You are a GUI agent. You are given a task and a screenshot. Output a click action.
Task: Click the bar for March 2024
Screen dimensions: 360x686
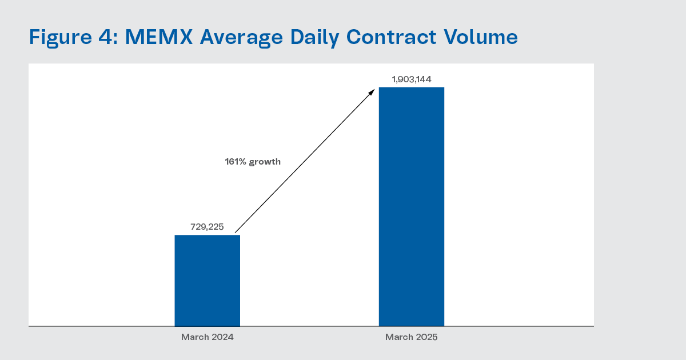point(207,280)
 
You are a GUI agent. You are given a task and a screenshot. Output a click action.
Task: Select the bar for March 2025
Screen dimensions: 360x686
point(412,206)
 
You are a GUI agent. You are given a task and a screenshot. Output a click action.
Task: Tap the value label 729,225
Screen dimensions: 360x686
point(207,227)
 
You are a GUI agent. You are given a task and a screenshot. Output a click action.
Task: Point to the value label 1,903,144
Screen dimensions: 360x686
point(412,79)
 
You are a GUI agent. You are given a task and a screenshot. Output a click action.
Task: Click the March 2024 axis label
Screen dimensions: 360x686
point(208,337)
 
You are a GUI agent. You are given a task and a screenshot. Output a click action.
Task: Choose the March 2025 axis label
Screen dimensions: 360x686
point(412,337)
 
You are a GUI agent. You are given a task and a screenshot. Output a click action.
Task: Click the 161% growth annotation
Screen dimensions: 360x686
point(253,162)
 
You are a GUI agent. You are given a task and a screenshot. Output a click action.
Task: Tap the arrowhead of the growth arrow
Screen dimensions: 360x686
point(372,91)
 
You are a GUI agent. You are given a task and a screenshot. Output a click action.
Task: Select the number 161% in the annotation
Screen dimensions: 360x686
point(235,162)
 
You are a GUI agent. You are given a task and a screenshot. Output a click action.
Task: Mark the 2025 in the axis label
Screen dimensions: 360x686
point(426,337)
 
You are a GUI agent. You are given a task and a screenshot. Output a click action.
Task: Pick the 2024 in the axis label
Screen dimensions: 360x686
point(222,337)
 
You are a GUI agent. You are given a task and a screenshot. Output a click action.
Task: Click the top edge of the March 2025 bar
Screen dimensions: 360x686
point(412,87)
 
